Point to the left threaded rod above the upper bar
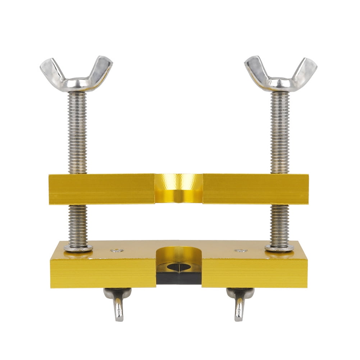pos(77,133)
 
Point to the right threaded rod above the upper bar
pos(280,133)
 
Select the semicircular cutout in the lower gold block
pos(179,255)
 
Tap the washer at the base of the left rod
pos(78,248)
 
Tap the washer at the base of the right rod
pos(279,248)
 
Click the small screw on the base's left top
pos(117,250)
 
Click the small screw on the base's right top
pos(241,250)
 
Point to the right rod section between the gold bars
pos(279,223)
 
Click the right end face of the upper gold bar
pos(305,189)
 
